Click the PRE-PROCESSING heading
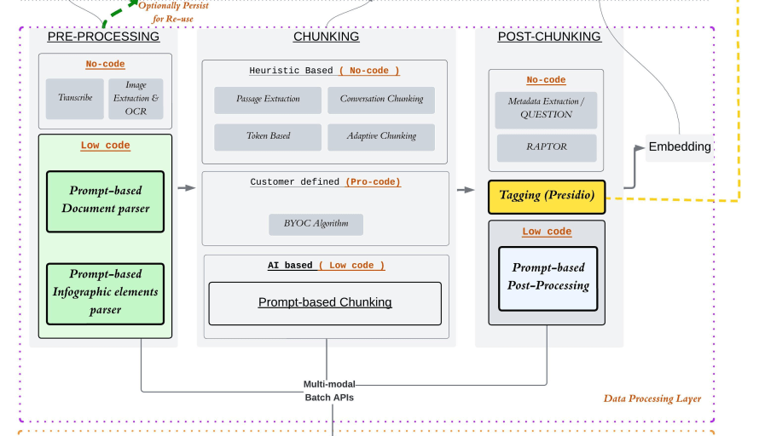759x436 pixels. pos(103,37)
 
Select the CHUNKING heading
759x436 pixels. pos(326,37)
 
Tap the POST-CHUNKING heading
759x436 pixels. pos(549,37)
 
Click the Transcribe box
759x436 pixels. pos(74,99)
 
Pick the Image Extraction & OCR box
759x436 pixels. pos(136,99)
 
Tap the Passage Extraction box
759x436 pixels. pos(269,100)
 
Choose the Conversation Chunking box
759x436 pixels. pos(381,100)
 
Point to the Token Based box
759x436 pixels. pos(269,137)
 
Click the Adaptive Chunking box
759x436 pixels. pos(381,137)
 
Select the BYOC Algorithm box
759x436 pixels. pos(316,225)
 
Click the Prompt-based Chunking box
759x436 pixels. pos(325,303)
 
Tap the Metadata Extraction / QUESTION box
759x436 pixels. pos(547,107)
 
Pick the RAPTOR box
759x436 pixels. pos(547,147)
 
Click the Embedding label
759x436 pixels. pos(680,147)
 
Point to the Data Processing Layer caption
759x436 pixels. pos(652,399)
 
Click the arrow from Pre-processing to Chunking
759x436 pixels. pos(187,188)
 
